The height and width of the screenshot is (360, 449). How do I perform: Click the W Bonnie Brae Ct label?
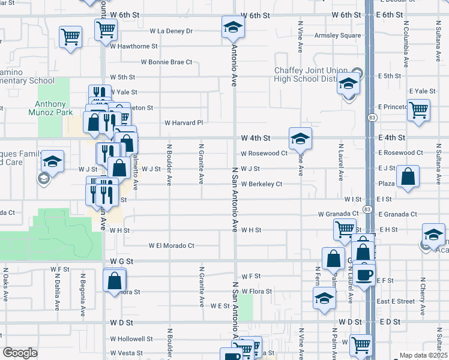pos(166,62)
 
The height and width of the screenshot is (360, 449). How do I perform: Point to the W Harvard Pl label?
pos(184,123)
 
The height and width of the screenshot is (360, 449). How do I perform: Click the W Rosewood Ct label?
pos(264,154)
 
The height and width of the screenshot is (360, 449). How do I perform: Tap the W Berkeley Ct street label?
pos(262,184)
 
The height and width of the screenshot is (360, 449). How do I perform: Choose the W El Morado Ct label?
pos(172,245)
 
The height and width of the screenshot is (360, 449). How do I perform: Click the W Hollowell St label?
pos(131,338)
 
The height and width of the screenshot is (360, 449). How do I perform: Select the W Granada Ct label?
pos(338,214)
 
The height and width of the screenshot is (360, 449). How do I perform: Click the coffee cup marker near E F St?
pos(364,275)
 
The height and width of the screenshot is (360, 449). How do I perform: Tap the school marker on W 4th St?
pos(300,139)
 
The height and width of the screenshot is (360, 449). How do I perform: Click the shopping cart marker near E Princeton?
pos(418,110)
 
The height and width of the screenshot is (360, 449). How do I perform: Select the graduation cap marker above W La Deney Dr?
pos(233,27)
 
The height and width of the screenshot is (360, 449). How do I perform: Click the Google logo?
pos(20,353)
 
